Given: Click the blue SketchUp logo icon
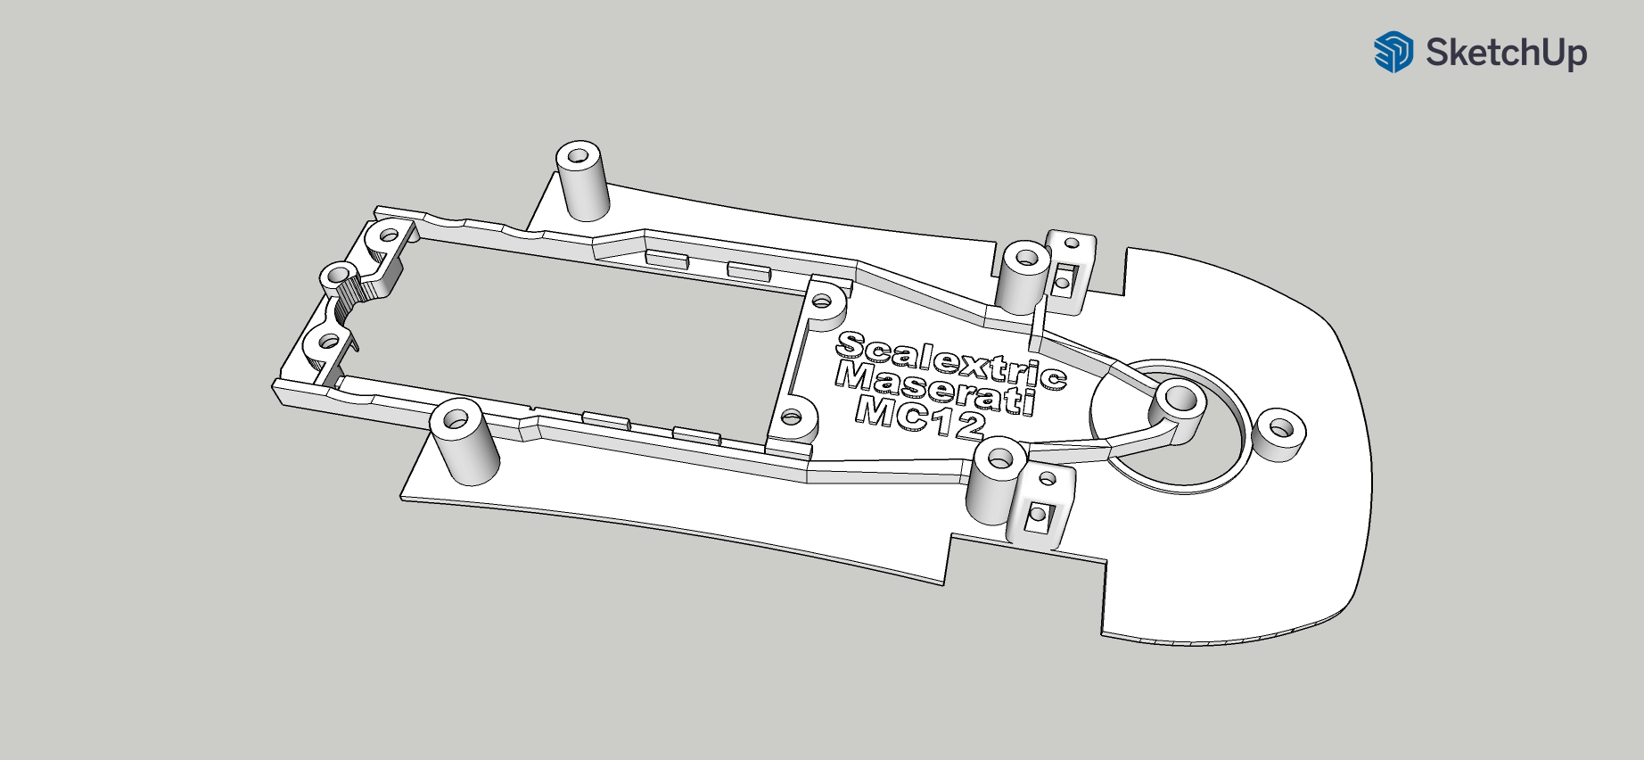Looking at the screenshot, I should click(x=1393, y=52).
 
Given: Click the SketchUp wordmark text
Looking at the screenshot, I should click(x=1506, y=53).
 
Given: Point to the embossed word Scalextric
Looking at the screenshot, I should click(x=950, y=360).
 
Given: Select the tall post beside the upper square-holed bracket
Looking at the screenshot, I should click(x=1022, y=277).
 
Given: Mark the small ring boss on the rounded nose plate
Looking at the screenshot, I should click(x=1278, y=433).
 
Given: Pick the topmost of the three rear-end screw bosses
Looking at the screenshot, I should click(x=389, y=237).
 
